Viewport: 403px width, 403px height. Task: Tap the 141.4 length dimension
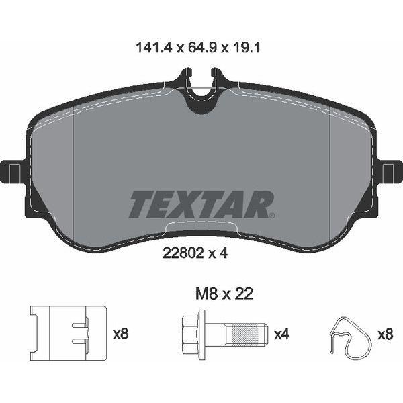pos(154,48)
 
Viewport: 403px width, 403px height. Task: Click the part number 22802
pos(183,253)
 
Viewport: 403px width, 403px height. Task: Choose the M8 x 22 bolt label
pos(224,294)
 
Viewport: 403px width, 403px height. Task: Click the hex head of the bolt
pos(191,334)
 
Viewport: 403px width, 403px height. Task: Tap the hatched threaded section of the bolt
pos(247,334)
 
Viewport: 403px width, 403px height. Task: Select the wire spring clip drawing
pos(351,338)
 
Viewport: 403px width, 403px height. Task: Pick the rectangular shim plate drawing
pos(68,333)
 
